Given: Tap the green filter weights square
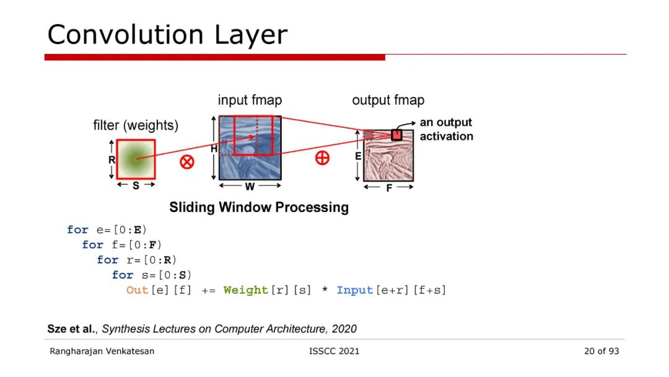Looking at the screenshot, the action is tap(136, 159).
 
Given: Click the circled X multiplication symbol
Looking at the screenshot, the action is tap(186, 162).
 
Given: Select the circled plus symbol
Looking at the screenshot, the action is tap(322, 157).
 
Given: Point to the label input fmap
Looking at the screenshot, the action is tap(250, 100).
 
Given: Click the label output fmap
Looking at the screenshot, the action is tap(388, 100).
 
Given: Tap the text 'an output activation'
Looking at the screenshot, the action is tap(446, 130).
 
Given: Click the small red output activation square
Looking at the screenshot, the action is tap(396, 135).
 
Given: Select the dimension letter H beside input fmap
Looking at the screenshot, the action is tap(214, 149).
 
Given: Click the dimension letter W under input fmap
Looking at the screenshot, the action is tap(250, 186).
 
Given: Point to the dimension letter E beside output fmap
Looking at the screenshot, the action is tap(358, 157).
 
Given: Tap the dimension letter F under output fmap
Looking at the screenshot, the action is tap(389, 188).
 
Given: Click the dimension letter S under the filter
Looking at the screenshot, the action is tap(136, 186).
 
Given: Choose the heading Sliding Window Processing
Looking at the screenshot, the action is tap(259, 207).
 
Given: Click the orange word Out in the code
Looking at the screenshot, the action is tap(137, 290).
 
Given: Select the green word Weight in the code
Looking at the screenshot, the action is tap(247, 290).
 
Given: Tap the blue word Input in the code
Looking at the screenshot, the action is tap(355, 290).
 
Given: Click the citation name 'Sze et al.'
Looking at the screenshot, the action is tap(72, 329).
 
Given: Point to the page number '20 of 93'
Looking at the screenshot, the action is tap(601, 351).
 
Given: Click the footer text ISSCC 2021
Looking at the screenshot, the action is tap(334, 351).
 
